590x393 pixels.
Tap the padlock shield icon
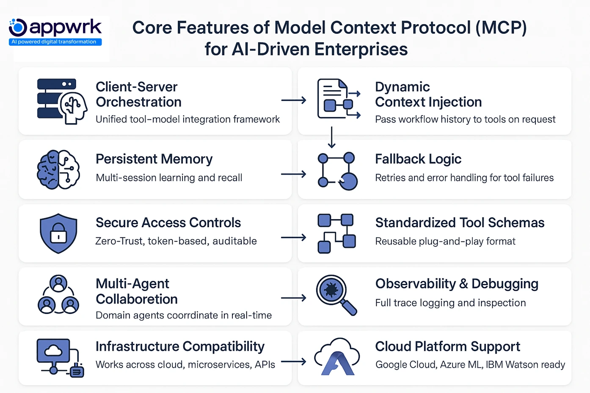[x=58, y=233]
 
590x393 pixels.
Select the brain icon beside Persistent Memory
[x=58, y=169]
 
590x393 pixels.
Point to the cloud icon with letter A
[x=337, y=357]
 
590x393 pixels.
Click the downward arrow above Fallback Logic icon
[x=332, y=137]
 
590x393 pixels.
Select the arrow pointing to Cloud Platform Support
[x=293, y=362]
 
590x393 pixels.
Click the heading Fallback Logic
[x=418, y=159]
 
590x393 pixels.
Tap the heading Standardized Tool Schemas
[x=460, y=223]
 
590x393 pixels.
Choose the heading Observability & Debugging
[x=456, y=283]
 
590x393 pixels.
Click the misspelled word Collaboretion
[x=136, y=299]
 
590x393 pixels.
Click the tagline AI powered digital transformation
[x=54, y=42]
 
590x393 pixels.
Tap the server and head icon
[x=62, y=101]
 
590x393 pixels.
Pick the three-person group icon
[x=58, y=294]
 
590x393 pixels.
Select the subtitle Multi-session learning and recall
[x=169, y=178]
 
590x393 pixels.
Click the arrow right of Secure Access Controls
[x=293, y=238]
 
